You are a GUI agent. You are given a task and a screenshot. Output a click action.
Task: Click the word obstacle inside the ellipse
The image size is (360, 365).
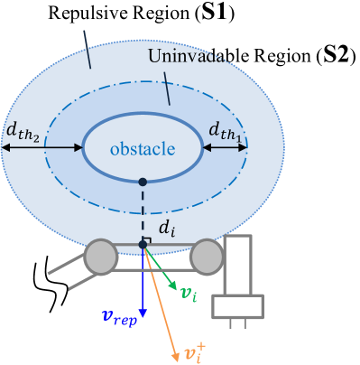(143, 148)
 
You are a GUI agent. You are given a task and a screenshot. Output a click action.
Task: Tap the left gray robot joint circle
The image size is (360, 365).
(101, 257)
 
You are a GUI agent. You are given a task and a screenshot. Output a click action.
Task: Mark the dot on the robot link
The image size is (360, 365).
(143, 244)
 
